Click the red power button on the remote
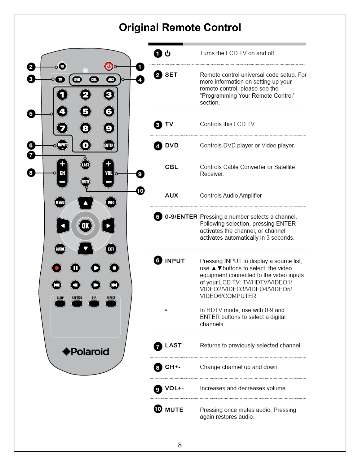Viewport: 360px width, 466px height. coord(109,66)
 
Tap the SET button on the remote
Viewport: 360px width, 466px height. coord(62,66)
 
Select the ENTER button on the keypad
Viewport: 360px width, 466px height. coord(109,145)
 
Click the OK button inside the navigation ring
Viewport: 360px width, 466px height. coord(85,226)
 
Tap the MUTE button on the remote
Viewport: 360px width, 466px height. coord(85,182)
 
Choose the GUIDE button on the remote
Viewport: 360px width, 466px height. coord(60,249)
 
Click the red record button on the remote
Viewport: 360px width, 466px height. coord(57,268)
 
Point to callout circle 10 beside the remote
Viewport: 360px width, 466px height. coord(140,191)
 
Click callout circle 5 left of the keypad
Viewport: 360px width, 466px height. coord(31,114)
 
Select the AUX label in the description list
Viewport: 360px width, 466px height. coord(171,195)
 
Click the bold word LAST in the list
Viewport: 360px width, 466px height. coord(173,345)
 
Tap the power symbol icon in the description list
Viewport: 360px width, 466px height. coord(168,53)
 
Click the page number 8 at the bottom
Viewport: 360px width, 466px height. coord(180,445)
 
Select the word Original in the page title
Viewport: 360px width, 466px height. coord(139,28)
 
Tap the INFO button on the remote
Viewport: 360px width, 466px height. coord(111,202)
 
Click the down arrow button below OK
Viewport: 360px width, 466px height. coord(85,249)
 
